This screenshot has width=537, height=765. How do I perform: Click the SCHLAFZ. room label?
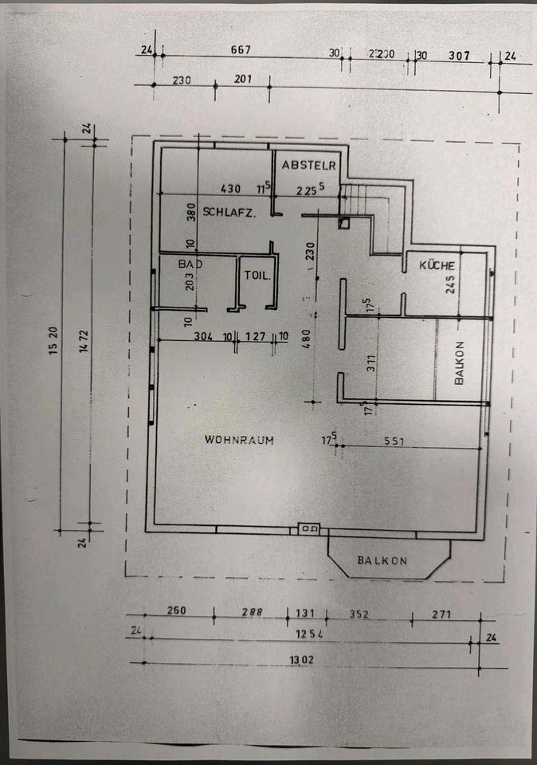pyautogui.click(x=229, y=212)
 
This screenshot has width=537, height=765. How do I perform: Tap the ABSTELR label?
pyautogui.click(x=309, y=165)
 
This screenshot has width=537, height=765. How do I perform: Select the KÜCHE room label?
pyautogui.click(x=437, y=265)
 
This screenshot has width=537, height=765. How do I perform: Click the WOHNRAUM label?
pyautogui.click(x=239, y=439)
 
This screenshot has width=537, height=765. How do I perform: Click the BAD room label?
pyautogui.click(x=190, y=263)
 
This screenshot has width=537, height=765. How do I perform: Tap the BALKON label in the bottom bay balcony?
pyautogui.click(x=382, y=561)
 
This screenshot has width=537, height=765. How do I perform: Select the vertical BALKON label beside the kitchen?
pyautogui.click(x=459, y=364)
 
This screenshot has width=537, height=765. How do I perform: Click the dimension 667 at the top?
pyautogui.click(x=241, y=50)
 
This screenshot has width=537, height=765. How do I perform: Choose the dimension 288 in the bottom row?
pyautogui.click(x=251, y=613)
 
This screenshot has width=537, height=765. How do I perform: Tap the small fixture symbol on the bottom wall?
pyautogui.click(x=308, y=528)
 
